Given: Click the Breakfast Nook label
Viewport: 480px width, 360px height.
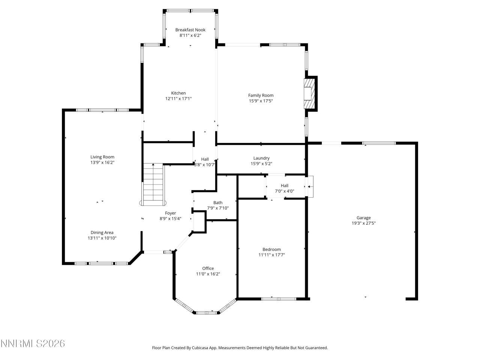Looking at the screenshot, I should tap(190, 30).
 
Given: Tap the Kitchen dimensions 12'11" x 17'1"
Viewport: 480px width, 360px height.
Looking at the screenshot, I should tap(178, 99).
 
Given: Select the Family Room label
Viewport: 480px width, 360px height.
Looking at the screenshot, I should tap(261, 95).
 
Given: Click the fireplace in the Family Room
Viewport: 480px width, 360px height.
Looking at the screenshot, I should tap(309, 93).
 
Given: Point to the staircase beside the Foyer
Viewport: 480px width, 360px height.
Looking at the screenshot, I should tap(153, 183).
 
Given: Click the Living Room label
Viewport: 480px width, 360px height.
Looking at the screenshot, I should tap(102, 157).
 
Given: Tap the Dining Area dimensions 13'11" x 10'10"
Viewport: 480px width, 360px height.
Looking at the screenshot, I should tap(102, 238).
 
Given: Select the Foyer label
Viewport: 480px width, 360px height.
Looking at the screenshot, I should tap(170, 213).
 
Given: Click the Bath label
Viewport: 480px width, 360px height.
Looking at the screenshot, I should tap(218, 202).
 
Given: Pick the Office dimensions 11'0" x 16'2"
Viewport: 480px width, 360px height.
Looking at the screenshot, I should tap(208, 274).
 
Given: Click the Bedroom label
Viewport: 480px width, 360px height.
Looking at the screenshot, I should tap(271, 249).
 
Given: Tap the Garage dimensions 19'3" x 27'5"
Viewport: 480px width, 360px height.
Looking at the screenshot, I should tap(363, 223).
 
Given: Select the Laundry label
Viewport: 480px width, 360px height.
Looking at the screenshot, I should tap(261, 158).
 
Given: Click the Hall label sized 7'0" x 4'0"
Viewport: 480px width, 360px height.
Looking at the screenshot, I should tap(285, 185).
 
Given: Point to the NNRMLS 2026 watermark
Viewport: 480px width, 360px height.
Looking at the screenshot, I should tap(33, 343).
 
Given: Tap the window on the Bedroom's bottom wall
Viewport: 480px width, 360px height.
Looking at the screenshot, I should tap(279, 299).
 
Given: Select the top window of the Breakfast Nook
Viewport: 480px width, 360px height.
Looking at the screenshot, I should tap(190, 10).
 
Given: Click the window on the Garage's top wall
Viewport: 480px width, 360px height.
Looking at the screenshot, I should tap(379, 143).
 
